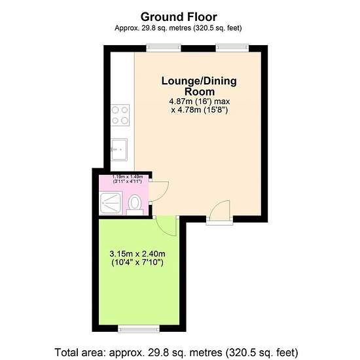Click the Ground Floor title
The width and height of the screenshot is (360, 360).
179,17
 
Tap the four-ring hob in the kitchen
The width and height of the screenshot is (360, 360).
120,115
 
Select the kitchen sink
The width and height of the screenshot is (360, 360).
119,149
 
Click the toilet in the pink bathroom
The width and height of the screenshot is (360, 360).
135,205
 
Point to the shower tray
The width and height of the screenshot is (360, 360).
111,203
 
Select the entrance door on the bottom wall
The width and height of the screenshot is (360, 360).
220,212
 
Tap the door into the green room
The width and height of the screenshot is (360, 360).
166,226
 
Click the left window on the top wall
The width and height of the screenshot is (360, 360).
164,48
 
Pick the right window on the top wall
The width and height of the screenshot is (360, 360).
232,48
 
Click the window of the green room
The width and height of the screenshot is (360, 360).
139,329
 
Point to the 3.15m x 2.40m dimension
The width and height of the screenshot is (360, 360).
137,254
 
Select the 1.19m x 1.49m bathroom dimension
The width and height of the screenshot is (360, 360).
128,177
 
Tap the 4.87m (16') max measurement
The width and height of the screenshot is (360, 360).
199,101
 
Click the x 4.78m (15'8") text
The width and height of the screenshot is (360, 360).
199,110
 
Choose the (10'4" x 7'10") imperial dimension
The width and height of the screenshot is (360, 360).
137,262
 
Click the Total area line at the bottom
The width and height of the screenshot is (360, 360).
176,352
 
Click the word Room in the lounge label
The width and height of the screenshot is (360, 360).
200,92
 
